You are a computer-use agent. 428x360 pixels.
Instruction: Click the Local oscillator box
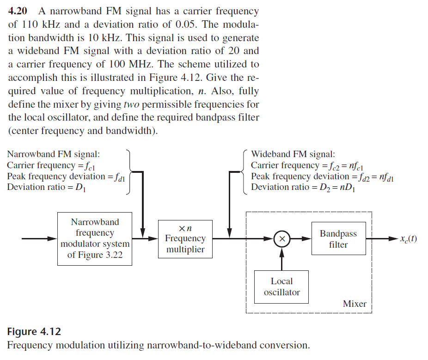281,287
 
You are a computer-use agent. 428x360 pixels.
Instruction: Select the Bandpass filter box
338,239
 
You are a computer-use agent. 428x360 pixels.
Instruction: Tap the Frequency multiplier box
185,239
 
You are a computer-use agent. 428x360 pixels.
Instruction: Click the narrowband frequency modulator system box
95,238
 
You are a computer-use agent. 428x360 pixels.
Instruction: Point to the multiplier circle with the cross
281,239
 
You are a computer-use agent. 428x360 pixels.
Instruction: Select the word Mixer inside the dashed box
355,304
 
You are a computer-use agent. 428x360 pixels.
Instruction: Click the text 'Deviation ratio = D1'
46,187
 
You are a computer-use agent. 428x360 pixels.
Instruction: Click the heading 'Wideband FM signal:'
293,154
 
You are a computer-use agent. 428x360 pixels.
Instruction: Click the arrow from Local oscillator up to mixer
281,258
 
